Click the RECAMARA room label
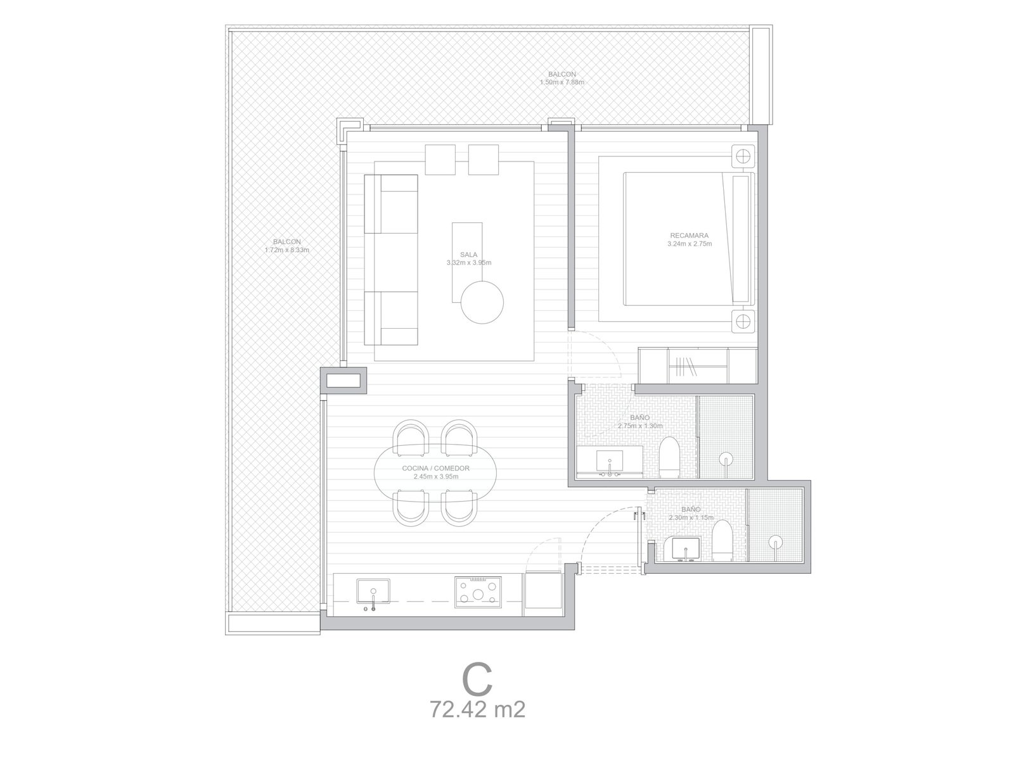tap(689, 236)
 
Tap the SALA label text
tap(468, 254)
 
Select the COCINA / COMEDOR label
tap(435, 468)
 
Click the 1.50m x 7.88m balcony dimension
tap(562, 82)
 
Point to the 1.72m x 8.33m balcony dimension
tap(287, 250)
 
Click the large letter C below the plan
tap(477, 680)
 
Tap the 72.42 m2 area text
tap(478, 710)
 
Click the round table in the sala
tap(482, 303)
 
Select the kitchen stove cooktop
tap(478, 592)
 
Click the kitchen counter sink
tap(373, 591)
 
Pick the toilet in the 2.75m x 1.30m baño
tap(669, 458)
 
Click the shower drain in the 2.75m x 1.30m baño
tap(726, 460)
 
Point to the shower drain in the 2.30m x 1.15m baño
tap(776, 543)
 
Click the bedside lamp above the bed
tap(743, 156)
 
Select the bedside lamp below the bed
tap(743, 320)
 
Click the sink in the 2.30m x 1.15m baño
tap(685, 549)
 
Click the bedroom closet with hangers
tap(698, 366)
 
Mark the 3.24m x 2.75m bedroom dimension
tap(690, 244)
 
